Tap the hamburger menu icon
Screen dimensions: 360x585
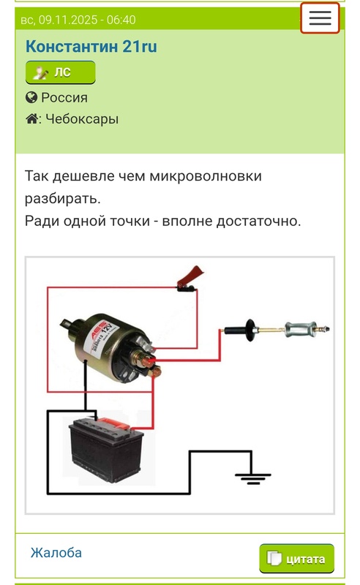[320, 18]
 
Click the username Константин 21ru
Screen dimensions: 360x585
[91, 47]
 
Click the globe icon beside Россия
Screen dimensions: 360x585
[31, 97]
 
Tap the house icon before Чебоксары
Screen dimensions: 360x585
[31, 119]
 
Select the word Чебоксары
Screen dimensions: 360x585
[82, 119]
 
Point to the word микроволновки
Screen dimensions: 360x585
[206, 175]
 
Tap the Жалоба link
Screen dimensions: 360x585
[56, 553]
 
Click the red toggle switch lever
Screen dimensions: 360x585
[190, 276]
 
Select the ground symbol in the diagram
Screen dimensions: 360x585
[253, 478]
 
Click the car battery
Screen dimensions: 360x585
[106, 449]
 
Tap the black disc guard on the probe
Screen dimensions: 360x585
[250, 330]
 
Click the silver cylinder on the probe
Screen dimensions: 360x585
[296, 330]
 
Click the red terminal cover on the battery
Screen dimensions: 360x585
[114, 423]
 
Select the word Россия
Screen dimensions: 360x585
[64, 98]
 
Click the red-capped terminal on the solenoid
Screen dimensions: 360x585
[149, 361]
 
